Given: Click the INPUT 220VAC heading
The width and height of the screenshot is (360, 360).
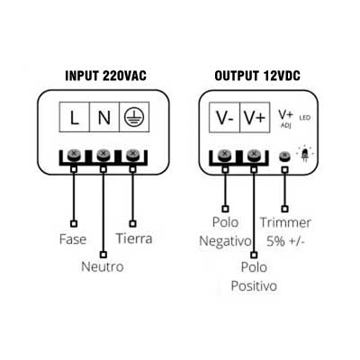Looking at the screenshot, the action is click(x=105, y=76).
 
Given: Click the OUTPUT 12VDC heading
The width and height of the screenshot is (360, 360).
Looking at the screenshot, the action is click(x=257, y=76).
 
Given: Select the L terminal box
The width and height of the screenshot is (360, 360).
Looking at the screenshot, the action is click(x=75, y=117).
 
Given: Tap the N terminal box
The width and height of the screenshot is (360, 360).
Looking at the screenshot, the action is click(x=104, y=117).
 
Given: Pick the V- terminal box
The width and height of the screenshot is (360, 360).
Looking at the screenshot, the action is click(x=224, y=117).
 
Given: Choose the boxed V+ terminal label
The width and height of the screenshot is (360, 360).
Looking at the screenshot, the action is click(x=255, y=117).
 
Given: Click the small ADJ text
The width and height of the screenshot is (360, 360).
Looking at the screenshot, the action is click(x=286, y=125).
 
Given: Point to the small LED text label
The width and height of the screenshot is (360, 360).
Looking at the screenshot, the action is click(x=305, y=118).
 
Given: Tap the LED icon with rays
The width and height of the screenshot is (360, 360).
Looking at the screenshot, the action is click(x=305, y=154).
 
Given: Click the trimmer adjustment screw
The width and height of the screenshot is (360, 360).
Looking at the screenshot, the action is click(x=284, y=156).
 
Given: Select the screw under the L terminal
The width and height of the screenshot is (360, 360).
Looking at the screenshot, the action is click(x=74, y=156).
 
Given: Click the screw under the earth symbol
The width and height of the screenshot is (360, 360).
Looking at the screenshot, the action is click(x=132, y=156).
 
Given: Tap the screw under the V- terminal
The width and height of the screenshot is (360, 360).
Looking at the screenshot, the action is click(x=225, y=156).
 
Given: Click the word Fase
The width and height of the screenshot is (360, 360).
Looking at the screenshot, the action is click(x=73, y=239).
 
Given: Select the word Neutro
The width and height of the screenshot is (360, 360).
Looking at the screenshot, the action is click(x=103, y=266).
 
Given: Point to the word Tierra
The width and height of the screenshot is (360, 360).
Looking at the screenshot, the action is click(x=134, y=238).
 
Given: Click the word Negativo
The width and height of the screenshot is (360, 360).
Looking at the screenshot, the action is click(x=225, y=241).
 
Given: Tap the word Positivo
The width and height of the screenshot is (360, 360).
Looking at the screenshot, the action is click(x=254, y=286).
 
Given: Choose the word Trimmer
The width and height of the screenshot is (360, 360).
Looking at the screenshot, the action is click(x=285, y=222).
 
